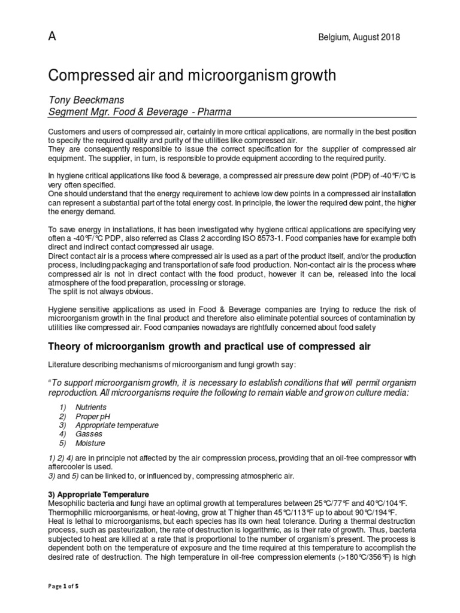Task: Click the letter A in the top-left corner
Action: pos(52,37)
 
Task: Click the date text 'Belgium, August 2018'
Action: pos(359,38)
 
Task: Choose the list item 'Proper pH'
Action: pos(92,415)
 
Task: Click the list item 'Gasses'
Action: pos(89,433)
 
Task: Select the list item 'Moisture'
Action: pos(90,443)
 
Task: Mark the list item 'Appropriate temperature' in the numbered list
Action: pos(117,424)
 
